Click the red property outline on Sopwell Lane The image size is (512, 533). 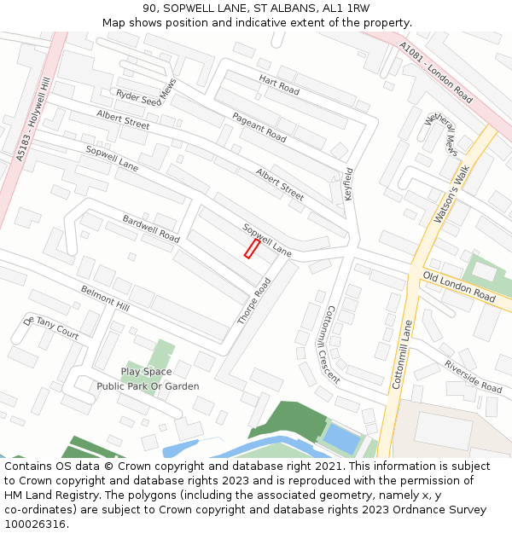pyautogui.click(x=252, y=248)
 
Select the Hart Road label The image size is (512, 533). pyautogui.click(x=279, y=84)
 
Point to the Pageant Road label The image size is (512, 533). pyautogui.click(x=259, y=126)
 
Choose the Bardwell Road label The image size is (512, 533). pyautogui.click(x=151, y=229)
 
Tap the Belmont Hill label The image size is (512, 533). pyautogui.click(x=105, y=298)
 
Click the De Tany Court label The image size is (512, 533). pyautogui.click(x=52, y=327)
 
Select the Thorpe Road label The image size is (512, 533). pyautogui.click(x=253, y=301)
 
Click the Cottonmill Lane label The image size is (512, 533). pyautogui.click(x=402, y=354)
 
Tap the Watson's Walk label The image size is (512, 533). pyautogui.click(x=452, y=195)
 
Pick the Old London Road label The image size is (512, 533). pyautogui.click(x=459, y=287)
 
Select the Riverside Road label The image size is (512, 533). pyautogui.click(x=472, y=376)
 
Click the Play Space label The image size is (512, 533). pyautogui.click(x=146, y=372)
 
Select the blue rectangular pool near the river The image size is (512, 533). pyautogui.click(x=340, y=438)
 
